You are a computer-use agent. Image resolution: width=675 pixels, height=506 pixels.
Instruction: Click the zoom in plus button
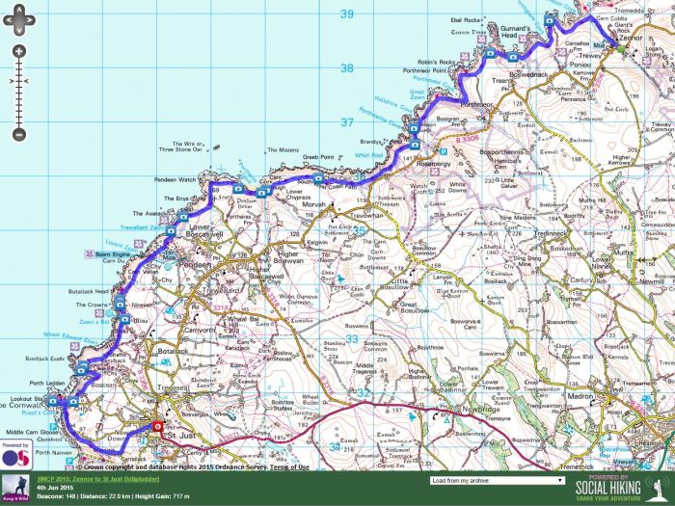(17, 51)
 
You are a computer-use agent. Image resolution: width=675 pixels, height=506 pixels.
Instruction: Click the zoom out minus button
(17, 134)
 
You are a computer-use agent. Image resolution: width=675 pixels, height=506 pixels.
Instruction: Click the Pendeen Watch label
(175, 180)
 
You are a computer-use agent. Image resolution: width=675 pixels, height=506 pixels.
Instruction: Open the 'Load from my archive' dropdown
(497, 479)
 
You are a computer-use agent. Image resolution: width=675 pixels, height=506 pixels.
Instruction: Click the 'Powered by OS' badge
(14, 456)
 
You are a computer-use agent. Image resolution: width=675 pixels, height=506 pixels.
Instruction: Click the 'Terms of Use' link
(290, 466)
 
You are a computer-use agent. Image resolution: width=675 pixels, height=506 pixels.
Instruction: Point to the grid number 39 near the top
(348, 13)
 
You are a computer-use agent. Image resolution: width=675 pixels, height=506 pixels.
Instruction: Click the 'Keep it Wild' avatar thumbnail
(15, 487)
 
